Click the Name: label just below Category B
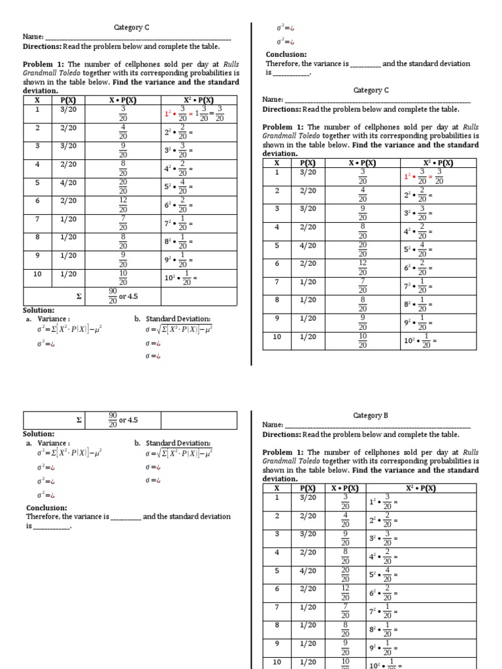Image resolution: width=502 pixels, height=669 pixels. [273, 425]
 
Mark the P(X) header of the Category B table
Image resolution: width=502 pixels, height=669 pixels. [307, 488]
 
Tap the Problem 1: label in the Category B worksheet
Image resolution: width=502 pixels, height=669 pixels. [283, 451]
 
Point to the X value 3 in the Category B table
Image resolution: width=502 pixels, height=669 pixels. [276, 534]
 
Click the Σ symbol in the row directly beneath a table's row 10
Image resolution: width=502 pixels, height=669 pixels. [78, 296]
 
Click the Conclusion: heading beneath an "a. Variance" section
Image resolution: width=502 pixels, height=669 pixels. [46, 508]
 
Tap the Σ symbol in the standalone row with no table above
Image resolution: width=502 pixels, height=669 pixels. [78, 420]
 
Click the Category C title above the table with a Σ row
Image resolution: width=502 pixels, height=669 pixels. [132, 27]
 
